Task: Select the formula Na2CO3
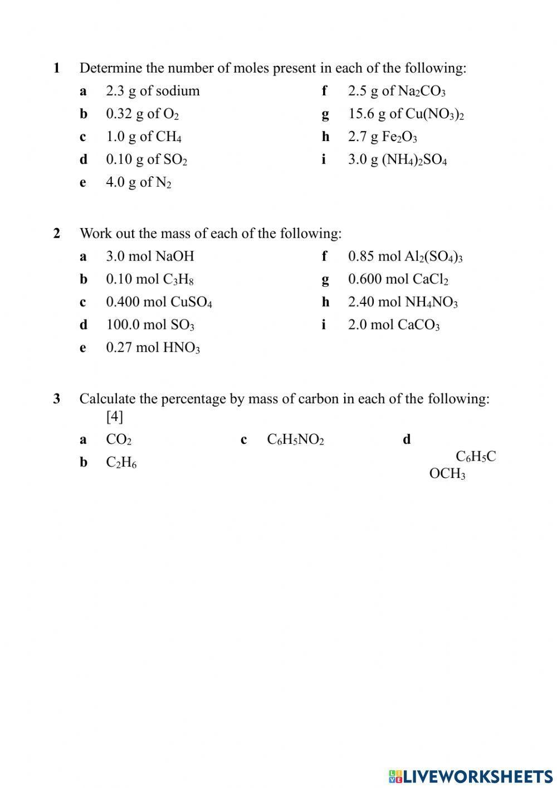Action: [422, 91]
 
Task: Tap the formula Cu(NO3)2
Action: [434, 114]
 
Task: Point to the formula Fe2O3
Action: [399, 137]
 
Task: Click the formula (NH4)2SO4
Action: [414, 160]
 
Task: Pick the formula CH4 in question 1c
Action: [168, 137]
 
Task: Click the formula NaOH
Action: [174, 257]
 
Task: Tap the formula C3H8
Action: [178, 279]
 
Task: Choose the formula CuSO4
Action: [191, 302]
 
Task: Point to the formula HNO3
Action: [181, 348]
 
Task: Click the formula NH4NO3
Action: [431, 302]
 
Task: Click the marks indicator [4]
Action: [114, 417]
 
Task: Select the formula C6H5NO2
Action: [295, 440]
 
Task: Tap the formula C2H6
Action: [121, 463]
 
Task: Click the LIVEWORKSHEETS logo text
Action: [477, 776]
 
